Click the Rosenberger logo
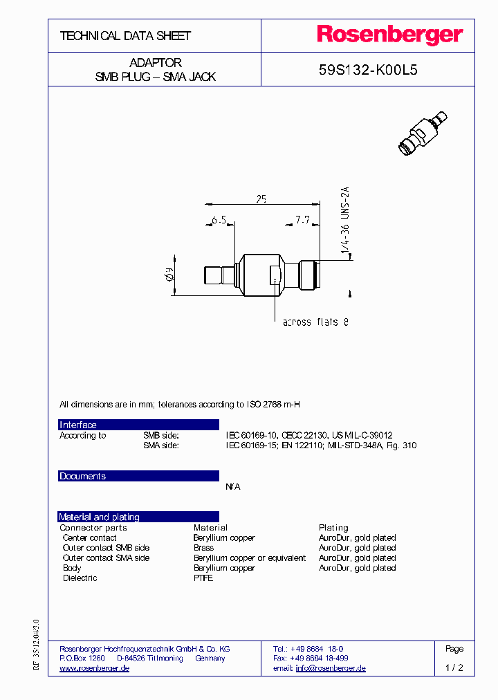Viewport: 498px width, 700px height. pos(390,35)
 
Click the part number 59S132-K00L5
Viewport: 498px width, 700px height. pos(367,70)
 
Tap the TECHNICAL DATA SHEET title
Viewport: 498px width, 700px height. pos(125,36)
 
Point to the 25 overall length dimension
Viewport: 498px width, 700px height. pos(261,199)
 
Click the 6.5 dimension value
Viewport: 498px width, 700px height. pos(219,220)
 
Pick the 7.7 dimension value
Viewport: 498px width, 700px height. pos(302,220)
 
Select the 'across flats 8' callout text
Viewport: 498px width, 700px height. pos(316,322)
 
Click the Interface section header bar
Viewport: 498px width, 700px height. pos(138,425)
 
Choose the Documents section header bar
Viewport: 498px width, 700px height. pos(138,476)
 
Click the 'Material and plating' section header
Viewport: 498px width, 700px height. pos(138,517)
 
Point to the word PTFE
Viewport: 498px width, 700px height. pos(203,578)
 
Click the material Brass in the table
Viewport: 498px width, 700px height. pos(203,548)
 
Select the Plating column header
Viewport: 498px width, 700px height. pos(333,528)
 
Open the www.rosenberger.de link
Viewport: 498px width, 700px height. pos(94,668)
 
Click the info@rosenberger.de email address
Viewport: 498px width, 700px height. pos(331,668)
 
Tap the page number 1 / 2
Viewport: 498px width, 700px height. pos(454,668)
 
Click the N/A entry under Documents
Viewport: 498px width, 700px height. pos(233,487)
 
